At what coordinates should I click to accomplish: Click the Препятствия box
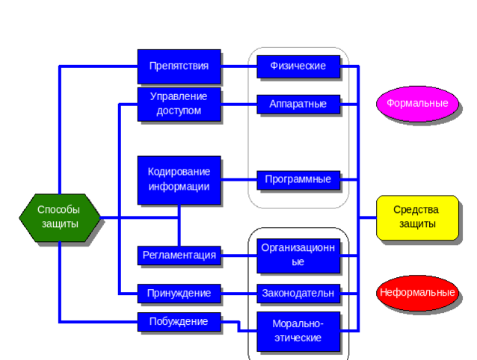(x=179, y=66)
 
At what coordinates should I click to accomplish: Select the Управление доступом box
(x=179, y=104)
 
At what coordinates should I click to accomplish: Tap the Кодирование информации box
(x=179, y=179)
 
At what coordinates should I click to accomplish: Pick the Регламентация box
(x=179, y=255)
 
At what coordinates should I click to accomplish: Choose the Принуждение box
(x=179, y=294)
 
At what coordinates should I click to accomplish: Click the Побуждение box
(x=179, y=321)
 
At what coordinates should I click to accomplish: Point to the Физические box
(x=298, y=66)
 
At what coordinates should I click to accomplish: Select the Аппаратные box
(x=298, y=104)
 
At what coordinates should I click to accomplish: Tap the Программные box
(x=298, y=179)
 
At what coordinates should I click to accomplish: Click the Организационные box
(x=298, y=255)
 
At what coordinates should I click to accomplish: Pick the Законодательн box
(x=298, y=294)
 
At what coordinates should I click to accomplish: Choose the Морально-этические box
(x=298, y=331)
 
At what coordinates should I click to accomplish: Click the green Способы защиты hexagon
(x=59, y=217)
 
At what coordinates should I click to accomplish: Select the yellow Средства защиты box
(x=416, y=217)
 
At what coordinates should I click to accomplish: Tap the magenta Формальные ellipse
(x=417, y=103)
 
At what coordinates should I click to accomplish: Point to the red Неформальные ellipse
(x=417, y=293)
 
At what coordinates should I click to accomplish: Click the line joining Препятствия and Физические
(x=239, y=66)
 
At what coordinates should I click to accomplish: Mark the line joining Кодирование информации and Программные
(x=239, y=179)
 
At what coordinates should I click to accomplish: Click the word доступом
(x=179, y=111)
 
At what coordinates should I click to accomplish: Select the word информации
(x=179, y=187)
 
